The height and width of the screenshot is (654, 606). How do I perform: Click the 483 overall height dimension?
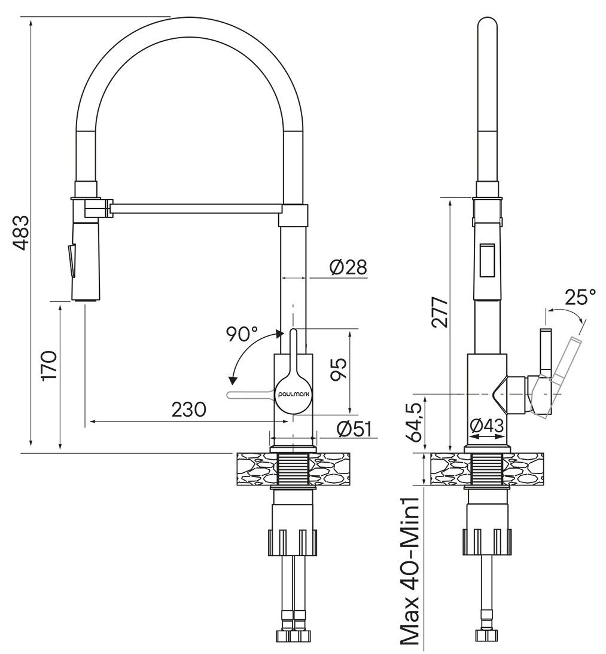[x=20, y=233]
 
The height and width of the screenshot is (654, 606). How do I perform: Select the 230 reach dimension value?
[x=189, y=410]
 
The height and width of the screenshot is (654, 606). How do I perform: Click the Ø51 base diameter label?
[x=354, y=428]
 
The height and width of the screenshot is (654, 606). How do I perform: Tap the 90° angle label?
[x=241, y=334]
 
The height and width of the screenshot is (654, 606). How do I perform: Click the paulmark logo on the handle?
[x=293, y=395]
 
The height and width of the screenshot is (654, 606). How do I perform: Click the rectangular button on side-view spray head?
[x=486, y=260]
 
